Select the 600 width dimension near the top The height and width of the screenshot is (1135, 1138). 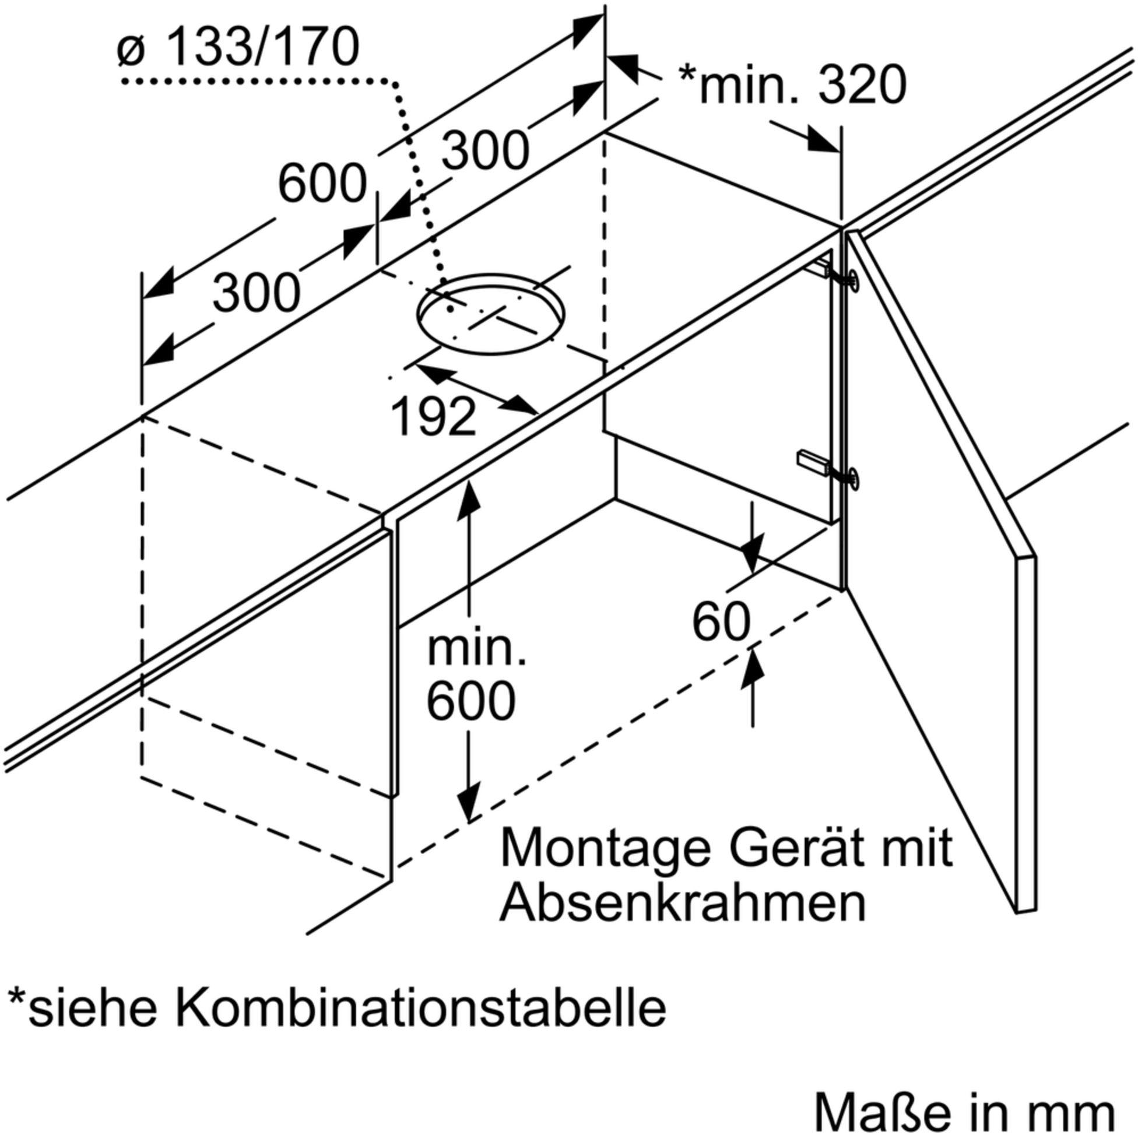322,184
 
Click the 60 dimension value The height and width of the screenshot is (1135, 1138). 721,622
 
